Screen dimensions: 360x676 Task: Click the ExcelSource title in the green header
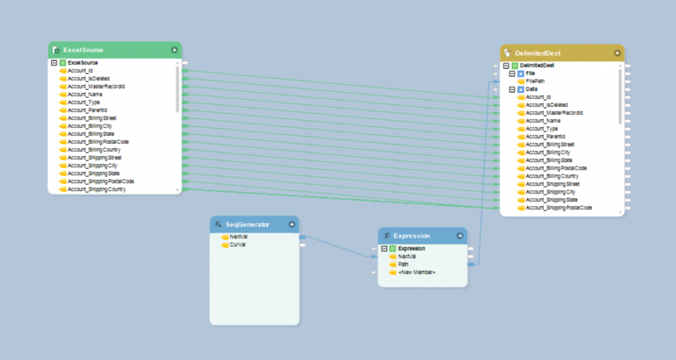pyautogui.click(x=83, y=50)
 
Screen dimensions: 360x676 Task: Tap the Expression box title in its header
pyautogui.click(x=411, y=235)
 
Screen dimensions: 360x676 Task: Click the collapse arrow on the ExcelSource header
pyautogui.click(x=174, y=50)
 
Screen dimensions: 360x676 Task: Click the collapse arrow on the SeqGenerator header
pyautogui.click(x=291, y=225)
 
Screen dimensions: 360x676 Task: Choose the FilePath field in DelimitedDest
pyautogui.click(x=535, y=81)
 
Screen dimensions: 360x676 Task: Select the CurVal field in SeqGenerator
pyautogui.click(x=238, y=244)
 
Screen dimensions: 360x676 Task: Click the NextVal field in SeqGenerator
pyautogui.click(x=239, y=236)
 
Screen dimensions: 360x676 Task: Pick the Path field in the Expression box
pyautogui.click(x=403, y=264)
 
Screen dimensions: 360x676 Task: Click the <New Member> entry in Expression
pyautogui.click(x=417, y=272)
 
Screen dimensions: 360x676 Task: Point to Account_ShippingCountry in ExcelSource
pyautogui.click(x=98, y=190)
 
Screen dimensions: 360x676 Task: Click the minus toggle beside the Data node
pyautogui.click(x=512, y=89)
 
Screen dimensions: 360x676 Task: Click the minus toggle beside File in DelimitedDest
pyautogui.click(x=512, y=73)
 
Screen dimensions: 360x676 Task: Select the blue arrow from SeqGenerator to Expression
pyautogui.click(x=337, y=246)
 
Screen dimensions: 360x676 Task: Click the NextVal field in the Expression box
pyautogui.click(x=407, y=256)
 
